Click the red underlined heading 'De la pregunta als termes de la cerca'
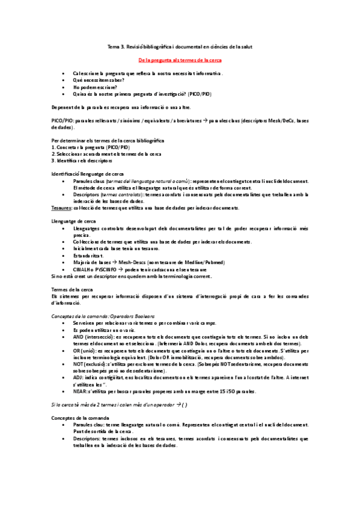[x=180, y=61]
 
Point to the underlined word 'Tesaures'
[x=61, y=207]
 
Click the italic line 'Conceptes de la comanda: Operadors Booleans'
[x=103, y=316]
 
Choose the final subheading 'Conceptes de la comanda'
[x=79, y=417]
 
